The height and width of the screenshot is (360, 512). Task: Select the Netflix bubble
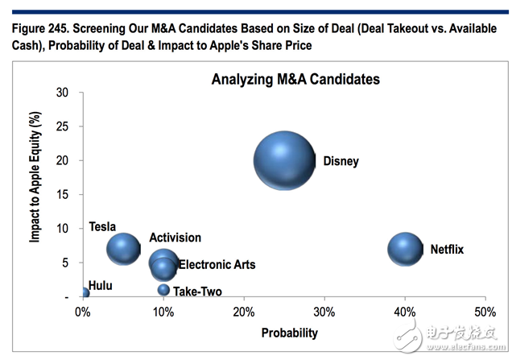[x=405, y=249]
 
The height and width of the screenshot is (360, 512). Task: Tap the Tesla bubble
[x=123, y=249]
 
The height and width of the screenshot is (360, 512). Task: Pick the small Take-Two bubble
[x=163, y=290]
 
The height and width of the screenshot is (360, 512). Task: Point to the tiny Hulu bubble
[x=84, y=293]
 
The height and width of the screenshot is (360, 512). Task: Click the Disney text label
[x=341, y=161]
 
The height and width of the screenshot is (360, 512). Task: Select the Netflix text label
[x=447, y=249]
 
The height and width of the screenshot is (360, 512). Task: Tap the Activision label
[x=175, y=238]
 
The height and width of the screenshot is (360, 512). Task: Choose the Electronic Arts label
[x=217, y=264]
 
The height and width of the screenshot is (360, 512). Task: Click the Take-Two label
[x=197, y=292]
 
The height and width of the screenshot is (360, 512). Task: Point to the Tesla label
[x=103, y=226]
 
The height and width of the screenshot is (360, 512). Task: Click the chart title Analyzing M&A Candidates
[x=295, y=80]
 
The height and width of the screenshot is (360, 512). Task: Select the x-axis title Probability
[x=289, y=333]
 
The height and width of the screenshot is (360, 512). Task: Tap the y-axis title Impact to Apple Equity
[x=35, y=194]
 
